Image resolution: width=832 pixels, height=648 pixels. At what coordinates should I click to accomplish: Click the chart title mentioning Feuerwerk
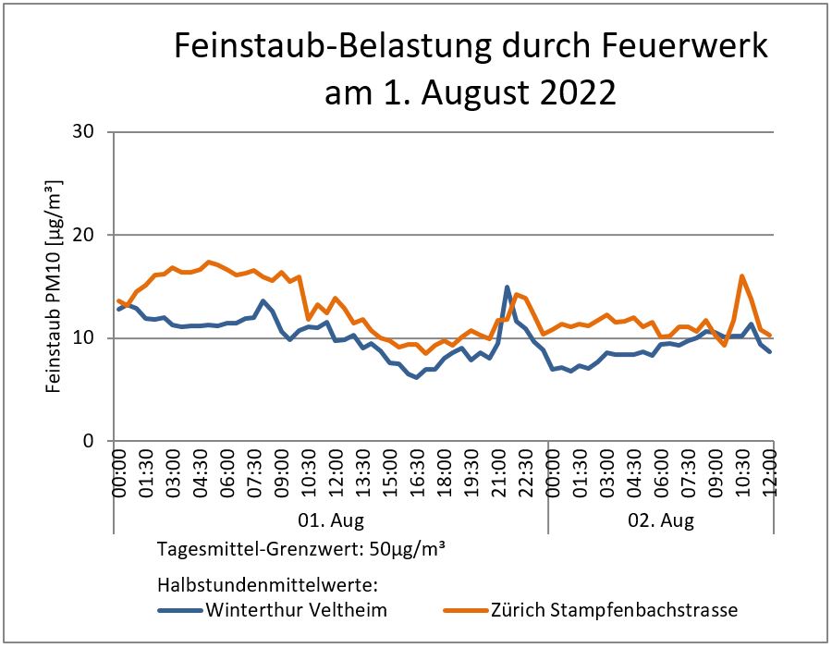tap(471, 46)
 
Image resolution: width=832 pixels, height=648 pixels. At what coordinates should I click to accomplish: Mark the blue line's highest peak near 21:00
tap(507, 287)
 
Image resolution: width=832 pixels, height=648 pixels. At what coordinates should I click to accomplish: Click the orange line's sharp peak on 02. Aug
tap(742, 275)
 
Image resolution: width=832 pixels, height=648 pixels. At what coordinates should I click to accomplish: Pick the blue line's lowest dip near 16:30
tap(417, 377)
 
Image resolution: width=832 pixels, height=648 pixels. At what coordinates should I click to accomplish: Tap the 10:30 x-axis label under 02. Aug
tap(742, 474)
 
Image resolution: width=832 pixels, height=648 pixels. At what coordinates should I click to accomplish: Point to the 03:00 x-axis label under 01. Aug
tap(173, 474)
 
